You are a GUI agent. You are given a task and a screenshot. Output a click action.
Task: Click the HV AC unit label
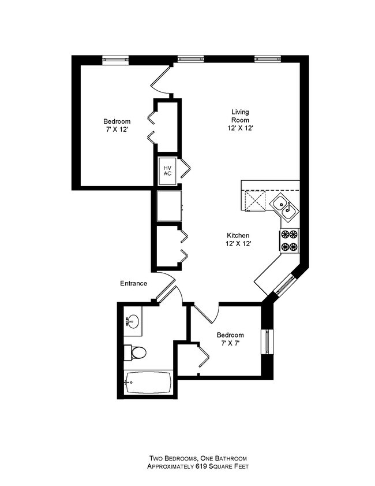point(167,171)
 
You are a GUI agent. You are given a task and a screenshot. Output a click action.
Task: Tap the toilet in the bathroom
point(135,353)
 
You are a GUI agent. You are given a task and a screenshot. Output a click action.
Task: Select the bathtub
point(148,382)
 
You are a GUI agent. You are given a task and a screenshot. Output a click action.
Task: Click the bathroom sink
point(133,321)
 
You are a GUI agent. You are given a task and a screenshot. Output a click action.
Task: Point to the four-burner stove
point(290,241)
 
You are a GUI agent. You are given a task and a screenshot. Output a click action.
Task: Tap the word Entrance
point(133,283)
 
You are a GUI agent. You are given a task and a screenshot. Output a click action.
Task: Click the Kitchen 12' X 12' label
point(238,239)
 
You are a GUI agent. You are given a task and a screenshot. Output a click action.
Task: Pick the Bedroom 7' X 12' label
point(117,125)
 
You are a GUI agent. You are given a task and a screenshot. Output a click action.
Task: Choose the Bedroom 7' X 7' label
point(230,339)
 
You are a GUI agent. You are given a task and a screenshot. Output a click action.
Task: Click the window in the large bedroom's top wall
point(115,60)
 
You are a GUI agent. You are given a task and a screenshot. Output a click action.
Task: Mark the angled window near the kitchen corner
point(285,285)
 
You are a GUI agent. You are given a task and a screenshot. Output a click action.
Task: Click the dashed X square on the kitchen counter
point(255,201)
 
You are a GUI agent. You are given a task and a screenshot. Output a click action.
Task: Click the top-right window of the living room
point(268,58)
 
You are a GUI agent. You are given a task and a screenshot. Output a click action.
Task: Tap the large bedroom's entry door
point(161,80)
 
